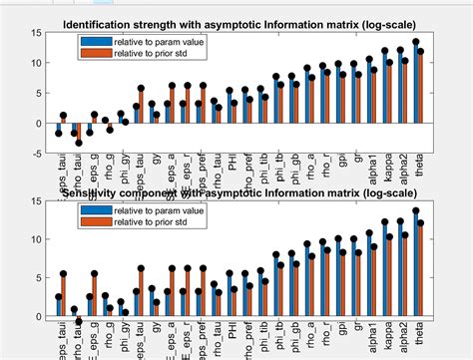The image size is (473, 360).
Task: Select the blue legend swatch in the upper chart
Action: coord(95,42)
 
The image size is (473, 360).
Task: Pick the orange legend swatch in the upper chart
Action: coord(95,53)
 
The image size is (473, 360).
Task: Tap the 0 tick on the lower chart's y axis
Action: coord(36,316)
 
